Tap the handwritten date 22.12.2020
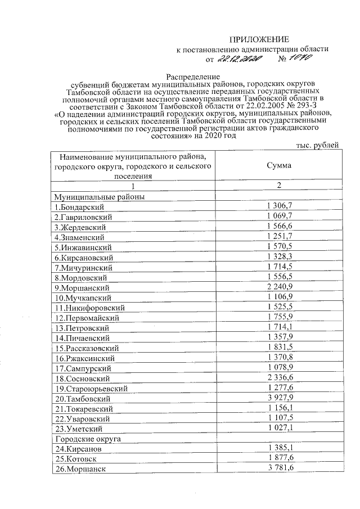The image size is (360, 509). click(x=239, y=58)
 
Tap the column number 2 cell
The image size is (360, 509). click(x=279, y=186)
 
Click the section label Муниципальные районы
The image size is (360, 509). click(x=100, y=197)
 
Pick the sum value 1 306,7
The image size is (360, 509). click(x=280, y=207)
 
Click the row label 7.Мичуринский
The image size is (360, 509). click(x=81, y=268)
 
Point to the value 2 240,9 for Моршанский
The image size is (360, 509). click(x=280, y=287)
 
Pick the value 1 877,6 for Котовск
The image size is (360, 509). click(x=280, y=459)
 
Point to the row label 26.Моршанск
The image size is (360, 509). click(x=80, y=469)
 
